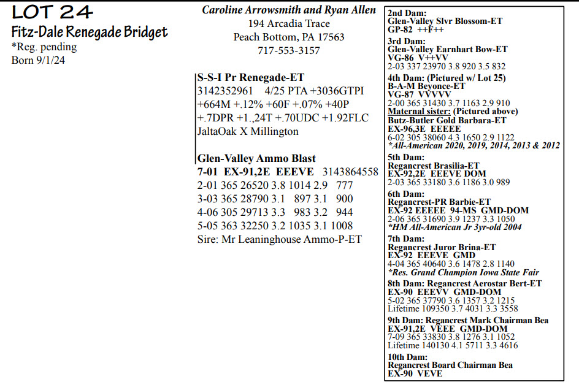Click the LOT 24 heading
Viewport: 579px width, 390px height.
click(52, 12)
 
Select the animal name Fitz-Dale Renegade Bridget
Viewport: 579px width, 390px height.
click(90, 32)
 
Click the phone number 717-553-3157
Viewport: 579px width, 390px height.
click(289, 51)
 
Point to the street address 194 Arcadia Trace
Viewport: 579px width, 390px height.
click(289, 24)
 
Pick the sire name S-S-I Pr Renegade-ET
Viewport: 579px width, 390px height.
click(251, 78)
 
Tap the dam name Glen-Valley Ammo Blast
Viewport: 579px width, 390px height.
click(256, 158)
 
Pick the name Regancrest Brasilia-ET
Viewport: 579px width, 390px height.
click(434, 166)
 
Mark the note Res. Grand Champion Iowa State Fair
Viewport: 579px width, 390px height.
click(464, 272)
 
